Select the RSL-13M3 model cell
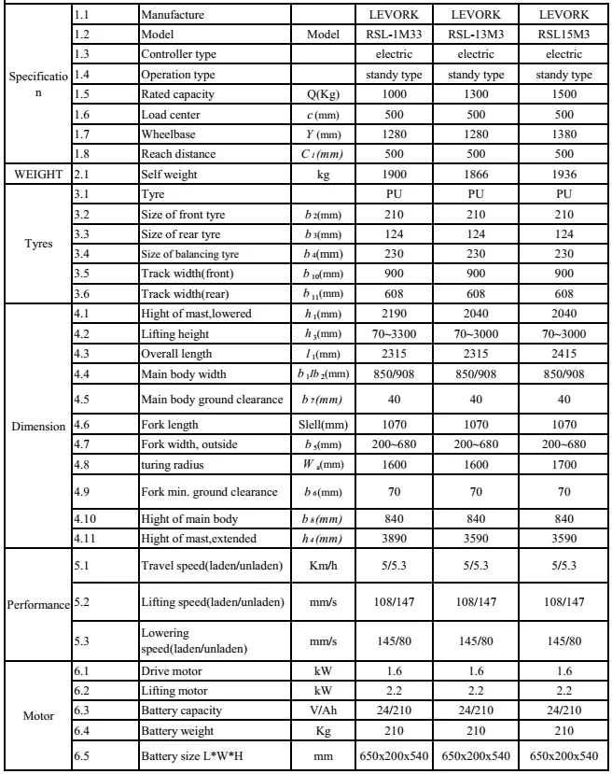(470, 34)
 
